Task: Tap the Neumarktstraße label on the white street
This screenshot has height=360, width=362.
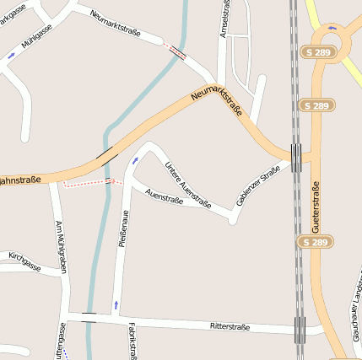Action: tap(116, 24)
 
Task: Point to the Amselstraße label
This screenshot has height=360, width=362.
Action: tap(224, 18)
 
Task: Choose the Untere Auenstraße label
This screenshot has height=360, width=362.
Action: tap(187, 183)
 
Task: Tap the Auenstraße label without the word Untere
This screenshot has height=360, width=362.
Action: tap(164, 196)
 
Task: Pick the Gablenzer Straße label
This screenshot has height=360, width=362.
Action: tap(257, 186)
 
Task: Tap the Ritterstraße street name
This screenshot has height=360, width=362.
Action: tap(230, 325)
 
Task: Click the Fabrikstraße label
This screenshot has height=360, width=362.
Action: tap(132, 340)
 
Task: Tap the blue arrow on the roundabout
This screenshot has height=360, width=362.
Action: tap(333, 28)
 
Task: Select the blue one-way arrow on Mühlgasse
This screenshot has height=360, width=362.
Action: tap(11, 56)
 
